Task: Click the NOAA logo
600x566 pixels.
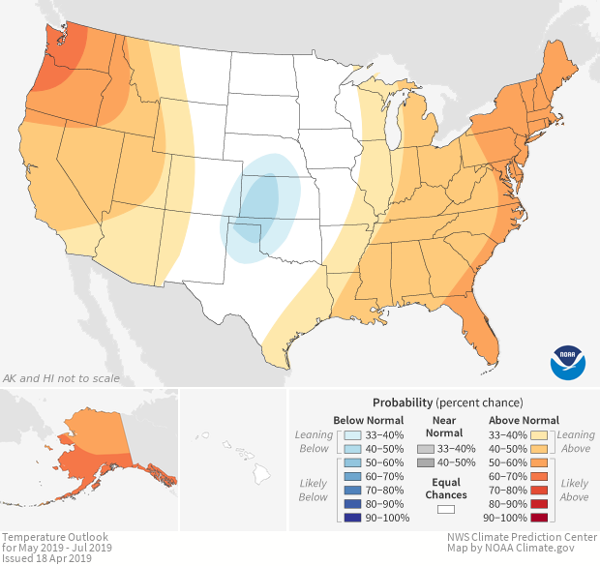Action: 567,362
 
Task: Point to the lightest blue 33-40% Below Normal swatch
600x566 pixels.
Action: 354,434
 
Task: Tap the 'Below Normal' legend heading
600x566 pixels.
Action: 368,420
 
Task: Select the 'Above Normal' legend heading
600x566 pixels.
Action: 524,420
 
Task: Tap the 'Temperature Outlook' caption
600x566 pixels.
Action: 54,537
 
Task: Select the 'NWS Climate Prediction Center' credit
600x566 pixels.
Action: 522,537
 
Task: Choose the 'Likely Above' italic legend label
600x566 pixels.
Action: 574,490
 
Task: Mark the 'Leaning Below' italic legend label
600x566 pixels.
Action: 315,441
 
